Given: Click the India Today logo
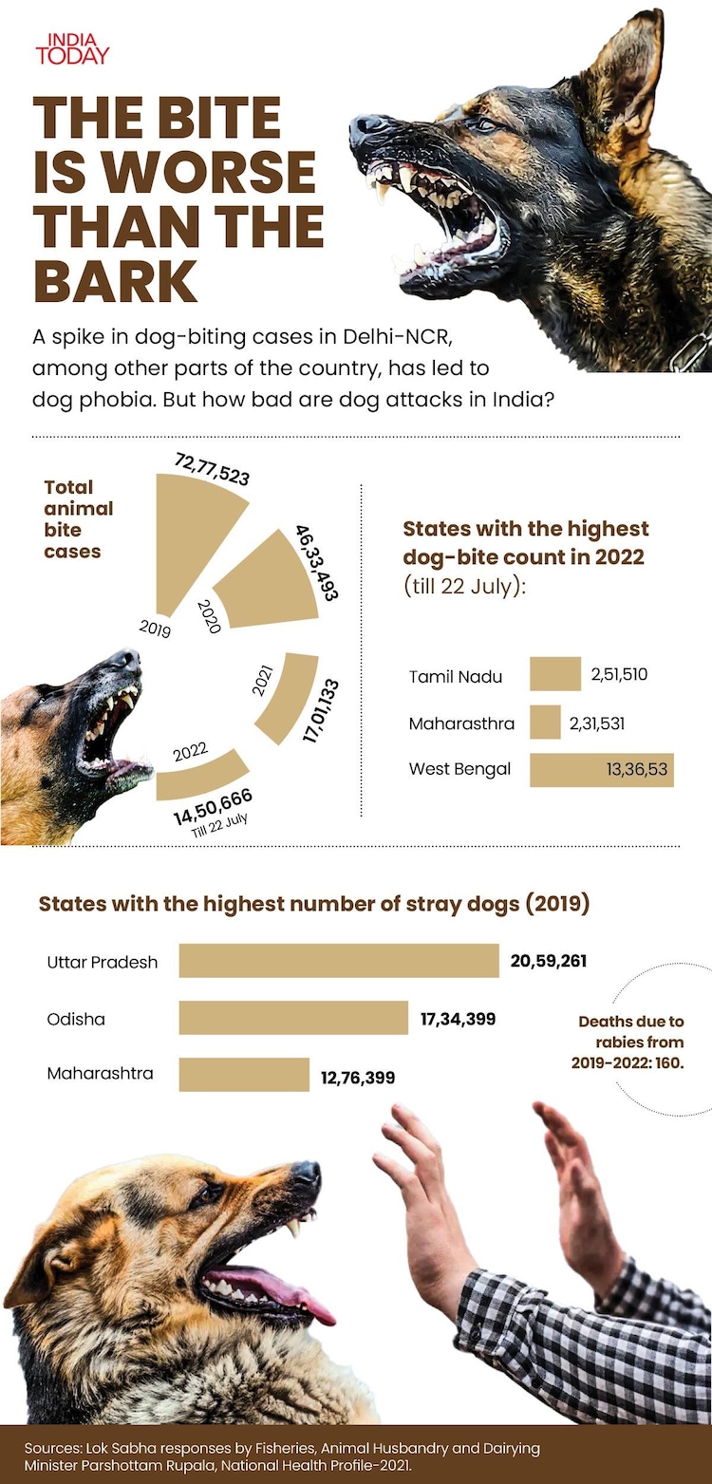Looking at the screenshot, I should click(x=72, y=49).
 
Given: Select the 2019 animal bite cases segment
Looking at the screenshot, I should click(x=195, y=536).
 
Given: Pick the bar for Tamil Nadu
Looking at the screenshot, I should click(x=554, y=673).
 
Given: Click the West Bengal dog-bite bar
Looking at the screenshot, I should click(x=600, y=770).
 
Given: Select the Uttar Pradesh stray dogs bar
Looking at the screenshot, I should click(x=338, y=961).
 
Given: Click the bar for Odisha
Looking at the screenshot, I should click(x=292, y=1018).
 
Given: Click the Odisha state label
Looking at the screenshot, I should click(x=76, y=1019).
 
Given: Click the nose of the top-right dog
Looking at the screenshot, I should click(x=369, y=125).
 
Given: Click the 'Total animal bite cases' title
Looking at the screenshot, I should click(x=78, y=518).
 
